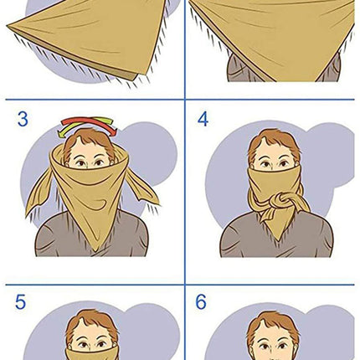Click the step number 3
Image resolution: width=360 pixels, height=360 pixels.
coord(23,119)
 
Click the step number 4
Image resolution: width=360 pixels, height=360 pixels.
coord(203,119)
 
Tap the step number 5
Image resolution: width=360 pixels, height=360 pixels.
coord(20,301)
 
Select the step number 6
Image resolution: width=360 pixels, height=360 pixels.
coord(201,301)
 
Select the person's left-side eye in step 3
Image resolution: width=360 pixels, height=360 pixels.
coord(80,163)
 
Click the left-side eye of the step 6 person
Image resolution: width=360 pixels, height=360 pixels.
coord(264,347)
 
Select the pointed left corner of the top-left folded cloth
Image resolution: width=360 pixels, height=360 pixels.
coord(8,27)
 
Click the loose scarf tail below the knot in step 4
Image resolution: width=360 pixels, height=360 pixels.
coord(269,216)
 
